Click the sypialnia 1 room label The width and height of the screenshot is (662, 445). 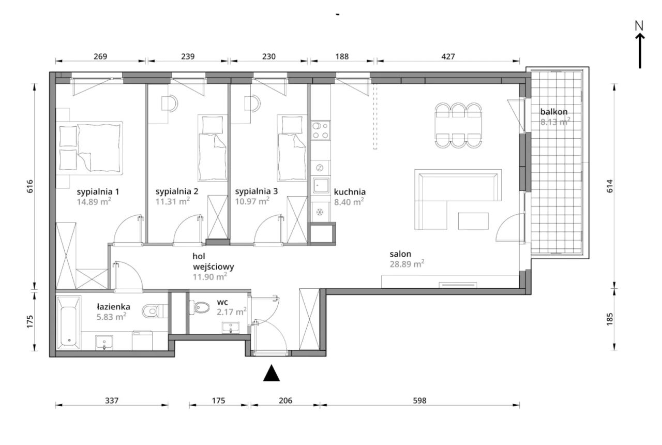(98, 192)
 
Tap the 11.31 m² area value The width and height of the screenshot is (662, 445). (173, 201)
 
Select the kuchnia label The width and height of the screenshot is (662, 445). (350, 192)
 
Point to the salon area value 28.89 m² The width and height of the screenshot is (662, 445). (407, 264)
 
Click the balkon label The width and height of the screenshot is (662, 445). (554, 112)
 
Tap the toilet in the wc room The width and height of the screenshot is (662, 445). (200, 307)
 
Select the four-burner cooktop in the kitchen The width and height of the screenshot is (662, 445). (321, 130)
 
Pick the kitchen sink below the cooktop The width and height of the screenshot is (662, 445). (321, 185)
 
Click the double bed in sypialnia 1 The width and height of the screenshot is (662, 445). (89, 147)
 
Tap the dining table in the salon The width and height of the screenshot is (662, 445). (458, 125)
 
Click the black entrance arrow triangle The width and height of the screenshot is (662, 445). (272, 373)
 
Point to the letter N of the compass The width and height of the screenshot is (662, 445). (639, 26)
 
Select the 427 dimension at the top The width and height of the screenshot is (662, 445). (448, 56)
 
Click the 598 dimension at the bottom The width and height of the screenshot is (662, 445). (419, 400)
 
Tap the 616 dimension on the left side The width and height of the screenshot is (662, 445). (30, 186)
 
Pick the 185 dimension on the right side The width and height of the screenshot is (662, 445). (610, 319)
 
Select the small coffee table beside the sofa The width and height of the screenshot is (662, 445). (473, 221)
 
